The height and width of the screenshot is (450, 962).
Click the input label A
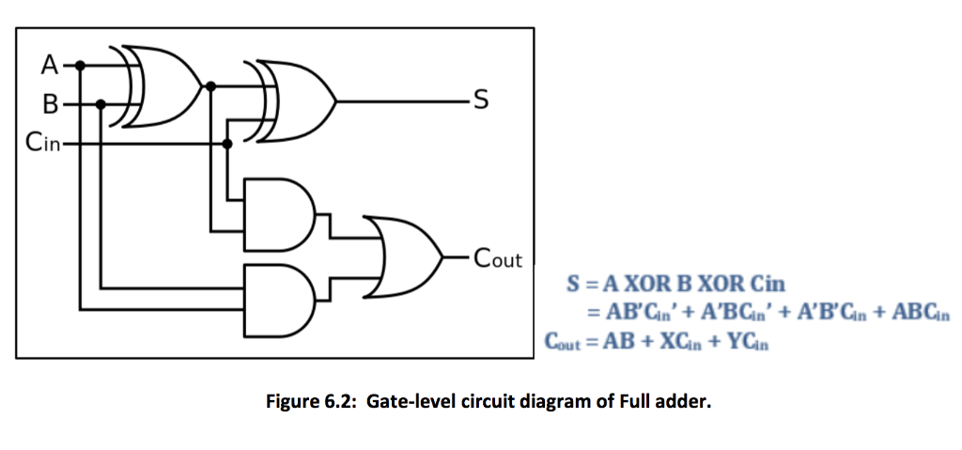[x=49, y=66]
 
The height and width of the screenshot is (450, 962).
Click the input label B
[x=49, y=103]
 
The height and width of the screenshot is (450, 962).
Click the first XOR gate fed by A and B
[x=155, y=85]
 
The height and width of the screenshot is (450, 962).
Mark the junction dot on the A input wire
[x=81, y=65]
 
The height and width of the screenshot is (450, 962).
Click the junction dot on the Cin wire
[x=226, y=144]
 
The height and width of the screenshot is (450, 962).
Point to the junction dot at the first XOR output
[x=210, y=86]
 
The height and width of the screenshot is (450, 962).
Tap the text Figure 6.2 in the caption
[x=311, y=402]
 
